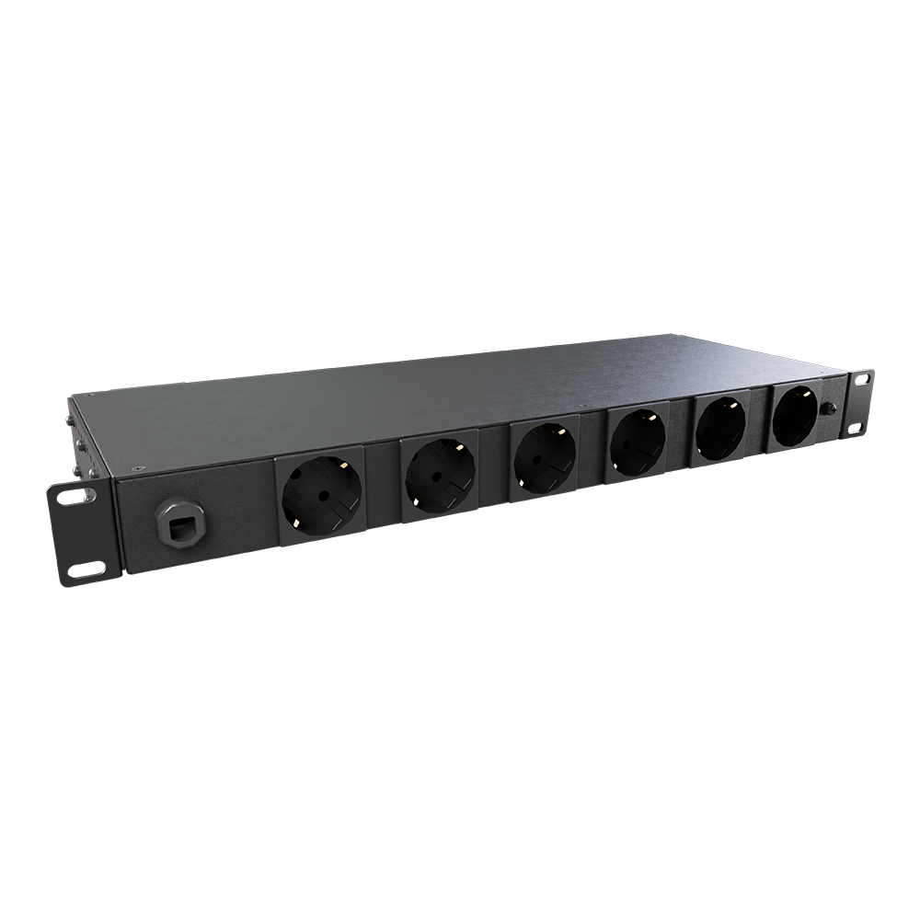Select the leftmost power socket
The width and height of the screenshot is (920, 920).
[321, 497]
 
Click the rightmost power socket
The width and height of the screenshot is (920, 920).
[794, 417]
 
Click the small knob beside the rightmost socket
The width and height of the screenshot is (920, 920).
[829, 408]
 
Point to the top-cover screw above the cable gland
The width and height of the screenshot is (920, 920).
[136, 467]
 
